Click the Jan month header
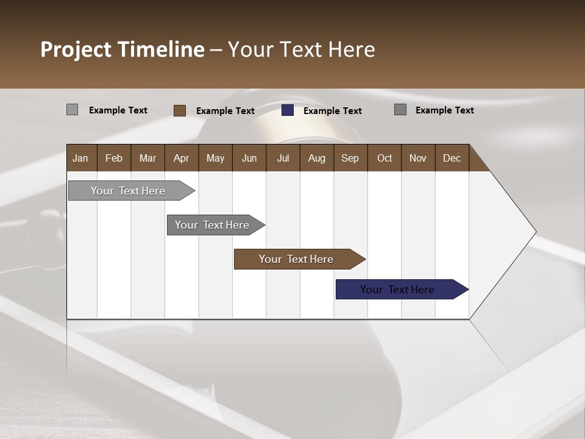click(x=80, y=158)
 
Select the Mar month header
click(x=147, y=158)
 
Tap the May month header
click(x=215, y=158)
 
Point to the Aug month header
click(x=316, y=158)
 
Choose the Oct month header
click(x=384, y=158)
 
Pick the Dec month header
click(x=452, y=158)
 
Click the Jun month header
click(x=249, y=158)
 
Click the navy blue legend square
click(x=288, y=110)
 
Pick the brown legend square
click(x=180, y=110)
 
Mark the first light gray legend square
click(x=72, y=110)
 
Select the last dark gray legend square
click(x=400, y=110)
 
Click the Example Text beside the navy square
click(x=332, y=110)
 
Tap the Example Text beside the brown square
click(x=225, y=110)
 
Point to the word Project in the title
click(x=76, y=49)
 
